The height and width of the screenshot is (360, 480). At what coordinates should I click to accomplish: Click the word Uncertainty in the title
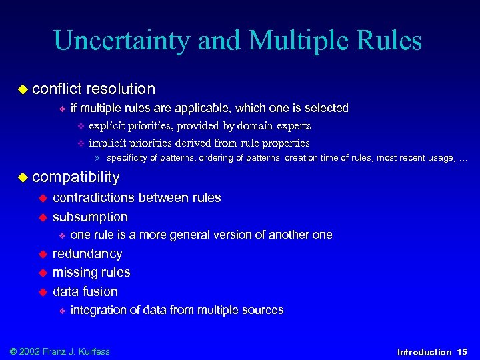click(x=121, y=41)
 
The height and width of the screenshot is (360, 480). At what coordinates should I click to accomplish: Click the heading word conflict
click(x=56, y=89)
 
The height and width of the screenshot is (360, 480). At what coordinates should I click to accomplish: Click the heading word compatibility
click(x=76, y=177)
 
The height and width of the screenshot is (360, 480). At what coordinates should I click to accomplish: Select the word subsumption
click(x=90, y=217)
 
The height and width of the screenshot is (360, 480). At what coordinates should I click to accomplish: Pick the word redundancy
click(x=87, y=254)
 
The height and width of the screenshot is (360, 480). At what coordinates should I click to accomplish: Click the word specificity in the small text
click(x=129, y=159)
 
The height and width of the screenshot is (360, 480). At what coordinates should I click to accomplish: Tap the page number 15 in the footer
click(x=462, y=352)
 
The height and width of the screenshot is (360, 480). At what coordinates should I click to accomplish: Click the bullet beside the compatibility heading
click(x=23, y=177)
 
